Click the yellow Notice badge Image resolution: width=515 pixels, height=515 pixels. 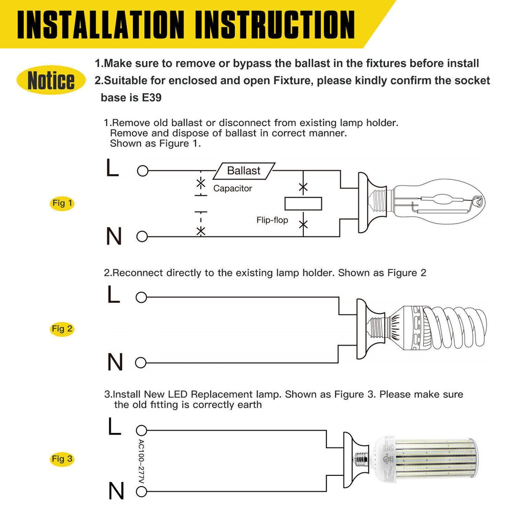click(50, 80)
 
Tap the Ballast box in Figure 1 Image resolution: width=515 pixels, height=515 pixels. click(244, 170)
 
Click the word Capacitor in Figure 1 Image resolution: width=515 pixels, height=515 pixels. click(233, 188)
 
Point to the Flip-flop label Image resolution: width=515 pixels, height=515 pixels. click(272, 220)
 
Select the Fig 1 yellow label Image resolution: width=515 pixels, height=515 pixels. click(63, 203)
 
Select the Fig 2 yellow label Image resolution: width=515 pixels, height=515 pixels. click(63, 329)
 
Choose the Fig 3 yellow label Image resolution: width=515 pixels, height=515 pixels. click(63, 458)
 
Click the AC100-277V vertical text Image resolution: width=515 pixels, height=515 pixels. click(142, 461)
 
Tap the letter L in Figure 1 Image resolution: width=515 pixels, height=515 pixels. click(112, 169)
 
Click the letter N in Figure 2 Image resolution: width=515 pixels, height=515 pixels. click(115, 363)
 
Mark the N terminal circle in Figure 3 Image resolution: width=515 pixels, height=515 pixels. click(141, 492)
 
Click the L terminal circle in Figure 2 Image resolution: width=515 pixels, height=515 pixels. click(141, 297)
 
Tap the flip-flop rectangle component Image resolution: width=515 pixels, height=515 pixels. click(303, 204)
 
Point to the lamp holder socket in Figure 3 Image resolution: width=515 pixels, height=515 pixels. click(355, 460)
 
